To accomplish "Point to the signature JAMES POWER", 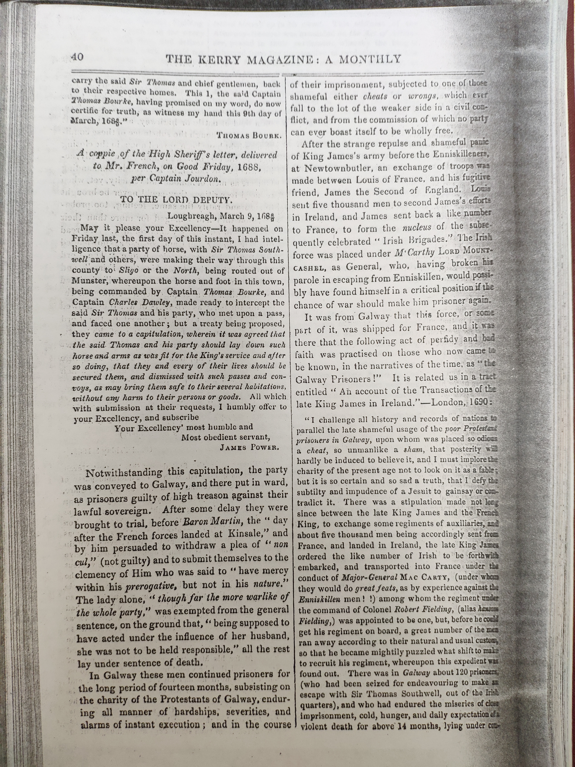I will tap(249, 448).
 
